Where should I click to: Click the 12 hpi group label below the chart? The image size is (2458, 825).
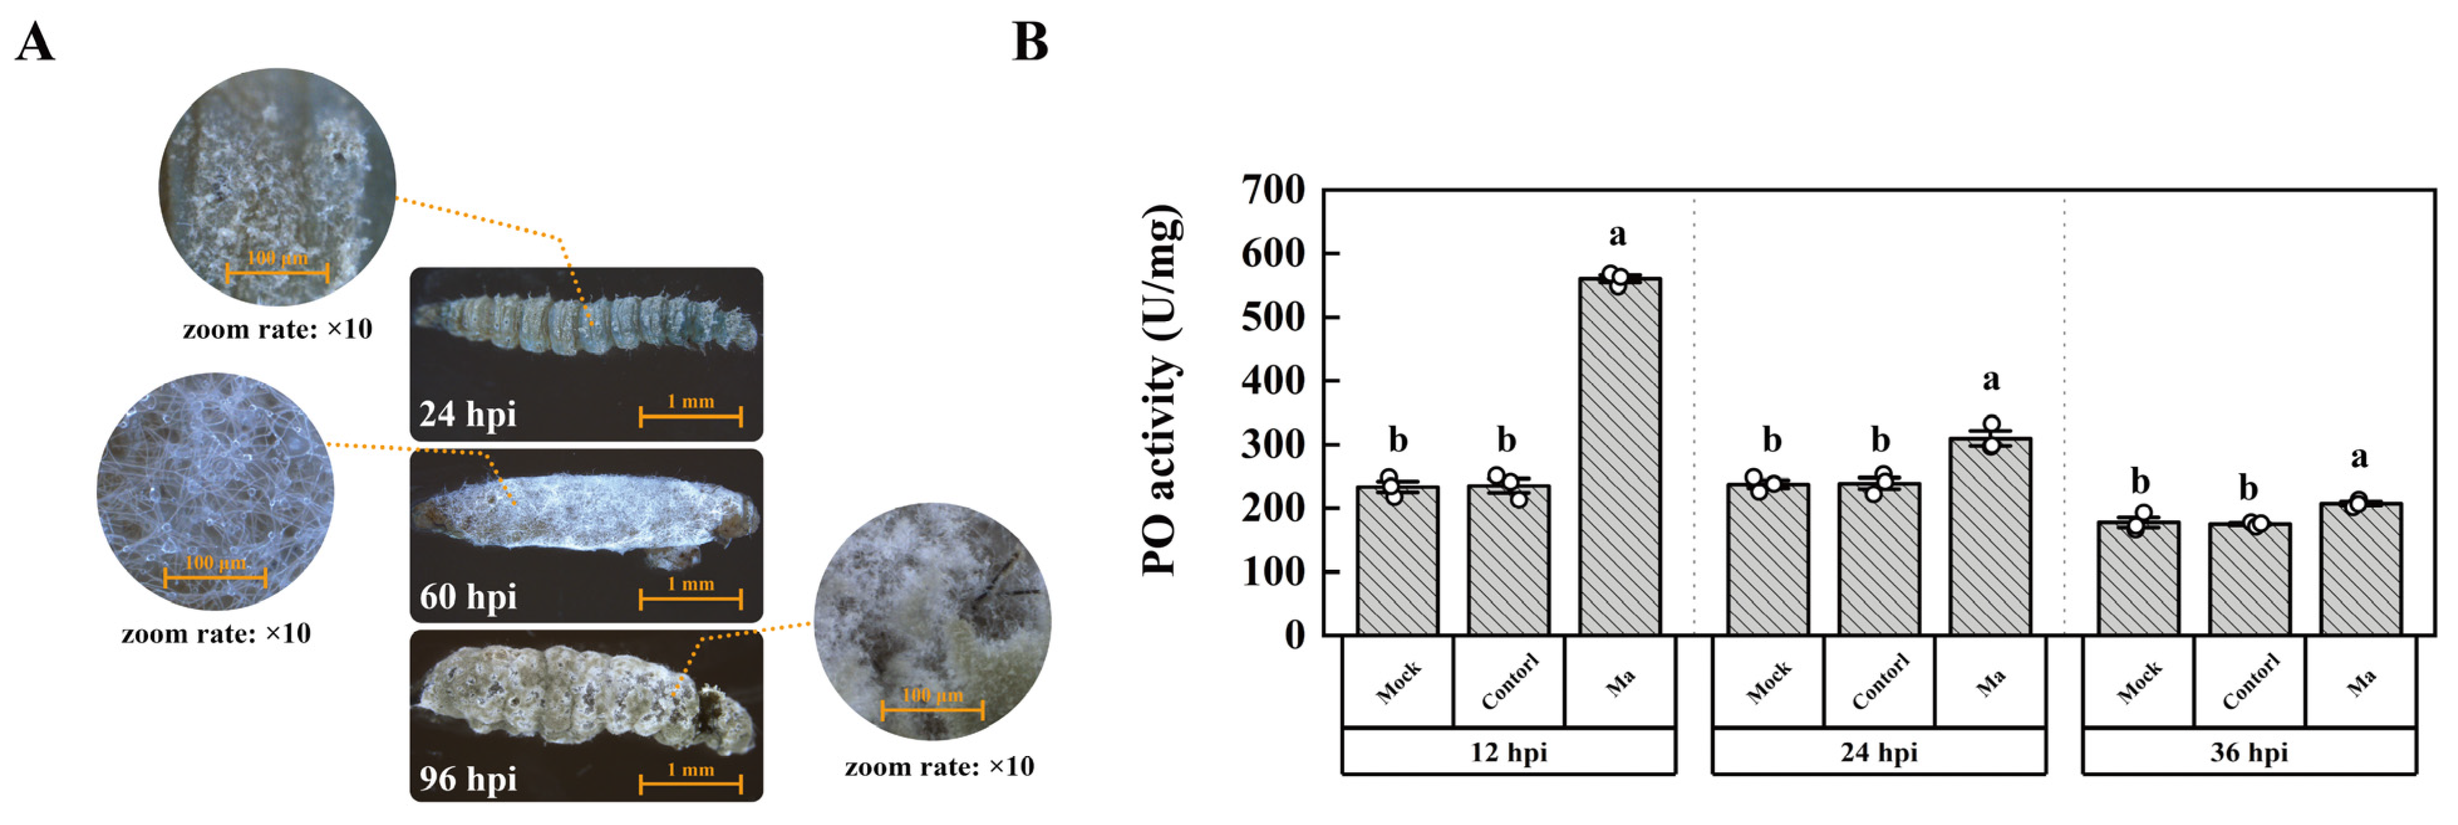tap(1508, 752)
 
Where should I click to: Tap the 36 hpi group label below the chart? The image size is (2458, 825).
tap(2249, 752)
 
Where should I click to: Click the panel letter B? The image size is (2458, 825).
tap(1030, 42)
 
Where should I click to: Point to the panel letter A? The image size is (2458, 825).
tap(35, 42)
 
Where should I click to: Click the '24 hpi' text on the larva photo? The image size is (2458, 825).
tap(468, 414)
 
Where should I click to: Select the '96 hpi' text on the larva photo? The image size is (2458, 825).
tap(468, 779)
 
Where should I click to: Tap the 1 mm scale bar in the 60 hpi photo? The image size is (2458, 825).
tap(690, 599)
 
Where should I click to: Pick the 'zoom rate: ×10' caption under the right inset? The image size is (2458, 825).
tap(939, 767)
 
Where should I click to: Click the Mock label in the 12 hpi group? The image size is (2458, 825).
tap(1398, 683)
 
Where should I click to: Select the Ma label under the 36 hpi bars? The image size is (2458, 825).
tap(2361, 683)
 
